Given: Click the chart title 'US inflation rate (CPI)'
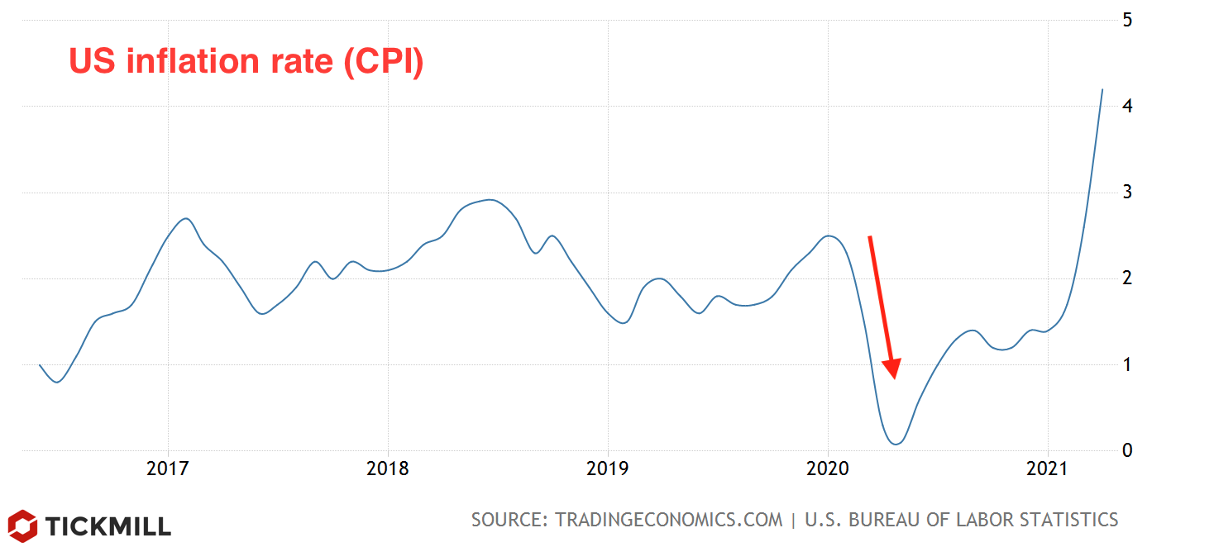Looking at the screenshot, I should tap(246, 62).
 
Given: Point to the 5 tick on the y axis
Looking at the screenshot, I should tap(1127, 20).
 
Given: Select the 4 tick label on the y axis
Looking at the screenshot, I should tap(1127, 107).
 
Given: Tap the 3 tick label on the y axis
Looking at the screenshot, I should tap(1127, 193).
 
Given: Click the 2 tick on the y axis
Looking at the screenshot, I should tap(1127, 278).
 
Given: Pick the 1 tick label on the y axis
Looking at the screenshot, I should tap(1127, 364).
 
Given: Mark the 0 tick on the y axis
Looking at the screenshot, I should tap(1127, 450).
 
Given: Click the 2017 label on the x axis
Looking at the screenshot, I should tap(168, 469).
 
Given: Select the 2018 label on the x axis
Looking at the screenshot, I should tap(387, 469).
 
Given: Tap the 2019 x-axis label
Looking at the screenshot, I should tap(608, 469).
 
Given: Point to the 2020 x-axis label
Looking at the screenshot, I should tap(828, 469).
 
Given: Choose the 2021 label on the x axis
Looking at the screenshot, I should tap(1048, 469).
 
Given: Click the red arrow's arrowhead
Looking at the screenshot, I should tap(892, 369).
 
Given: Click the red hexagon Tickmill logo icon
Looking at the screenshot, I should tap(22, 526).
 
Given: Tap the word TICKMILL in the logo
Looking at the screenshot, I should tap(108, 526).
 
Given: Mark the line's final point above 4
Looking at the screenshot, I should tap(1102, 89).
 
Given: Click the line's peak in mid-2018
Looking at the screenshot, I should tap(490, 199).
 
